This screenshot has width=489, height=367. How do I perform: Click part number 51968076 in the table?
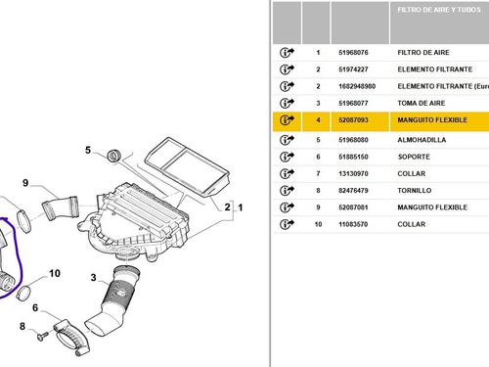[x=353, y=53]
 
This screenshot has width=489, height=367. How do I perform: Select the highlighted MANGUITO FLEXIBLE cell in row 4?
[x=432, y=120]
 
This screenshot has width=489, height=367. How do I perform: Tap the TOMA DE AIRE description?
[x=422, y=103]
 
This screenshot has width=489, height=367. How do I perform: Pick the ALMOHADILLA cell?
[x=422, y=140]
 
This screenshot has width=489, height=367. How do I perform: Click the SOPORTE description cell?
[x=414, y=157]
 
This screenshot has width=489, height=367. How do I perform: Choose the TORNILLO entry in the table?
[x=415, y=191]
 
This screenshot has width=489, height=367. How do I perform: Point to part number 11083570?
[x=353, y=224]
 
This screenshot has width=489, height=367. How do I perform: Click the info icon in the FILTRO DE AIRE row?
[x=287, y=52]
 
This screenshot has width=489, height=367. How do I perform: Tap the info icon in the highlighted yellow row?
[x=287, y=119]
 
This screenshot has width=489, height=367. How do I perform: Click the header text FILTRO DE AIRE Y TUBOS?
[x=439, y=10]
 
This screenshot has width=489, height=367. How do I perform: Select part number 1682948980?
[x=357, y=86]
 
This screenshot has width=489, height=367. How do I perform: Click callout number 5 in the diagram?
[x=88, y=150]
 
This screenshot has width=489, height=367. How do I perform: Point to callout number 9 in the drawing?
[x=25, y=183]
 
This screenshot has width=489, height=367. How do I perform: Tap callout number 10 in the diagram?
[x=55, y=273]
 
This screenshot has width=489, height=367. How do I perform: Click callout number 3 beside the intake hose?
[x=94, y=278]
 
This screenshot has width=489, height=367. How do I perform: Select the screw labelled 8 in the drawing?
[x=42, y=337]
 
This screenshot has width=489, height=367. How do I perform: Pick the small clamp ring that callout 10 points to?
[x=23, y=293]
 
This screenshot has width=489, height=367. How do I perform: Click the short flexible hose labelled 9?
[x=61, y=207]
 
